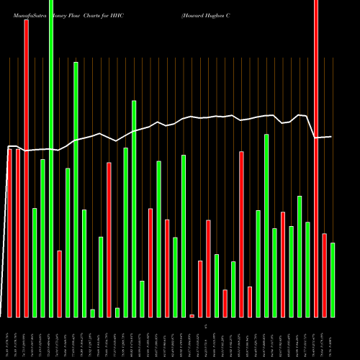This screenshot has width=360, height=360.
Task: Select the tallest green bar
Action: (x=51, y=158)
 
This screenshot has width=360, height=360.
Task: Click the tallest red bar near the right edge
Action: (x=315, y=158)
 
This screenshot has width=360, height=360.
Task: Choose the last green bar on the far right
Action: (x=333, y=280)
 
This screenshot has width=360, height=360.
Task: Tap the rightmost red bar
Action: (x=324, y=275)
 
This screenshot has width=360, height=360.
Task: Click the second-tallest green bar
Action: (x=76, y=189)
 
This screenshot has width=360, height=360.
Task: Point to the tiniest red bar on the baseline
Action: (x=192, y=315)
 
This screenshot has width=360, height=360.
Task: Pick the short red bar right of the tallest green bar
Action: (x=59, y=284)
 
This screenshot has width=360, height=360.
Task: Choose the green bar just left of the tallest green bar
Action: (x=42, y=238)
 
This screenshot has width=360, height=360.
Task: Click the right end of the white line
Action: (x=331, y=137)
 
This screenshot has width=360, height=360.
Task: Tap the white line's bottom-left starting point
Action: (x=2, y=317)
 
